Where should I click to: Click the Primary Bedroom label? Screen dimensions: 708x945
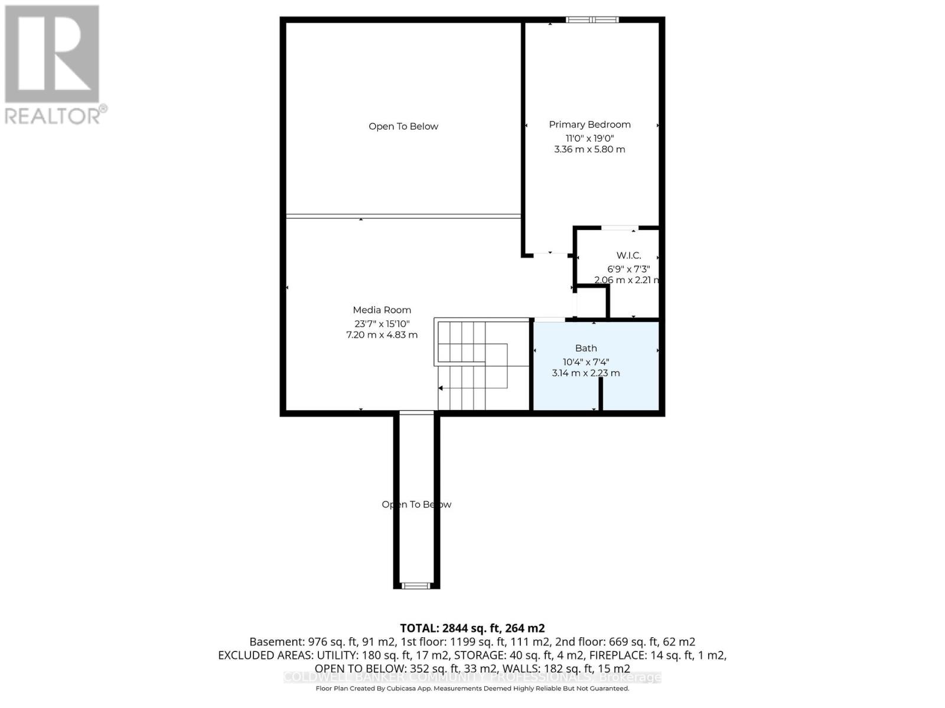pos(589,124)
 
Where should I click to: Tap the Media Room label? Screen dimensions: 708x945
pos(382,310)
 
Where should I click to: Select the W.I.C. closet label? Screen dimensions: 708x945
pos(628,255)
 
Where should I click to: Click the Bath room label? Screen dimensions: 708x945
pos(586,348)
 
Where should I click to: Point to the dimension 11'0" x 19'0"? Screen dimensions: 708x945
pos(589,138)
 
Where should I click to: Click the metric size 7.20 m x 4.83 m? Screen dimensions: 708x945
pos(382,335)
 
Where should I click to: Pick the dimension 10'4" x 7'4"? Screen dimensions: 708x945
pos(586,362)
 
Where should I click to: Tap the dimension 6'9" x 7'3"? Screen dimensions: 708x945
pos(628,268)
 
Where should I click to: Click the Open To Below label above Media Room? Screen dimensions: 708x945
pos(403,126)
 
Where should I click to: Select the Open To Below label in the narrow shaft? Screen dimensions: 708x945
pos(416,504)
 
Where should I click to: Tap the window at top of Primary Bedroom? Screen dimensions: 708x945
pos(592,20)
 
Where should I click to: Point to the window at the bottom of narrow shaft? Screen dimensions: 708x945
pos(416,585)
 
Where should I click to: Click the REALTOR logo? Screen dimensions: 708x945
pos(54,65)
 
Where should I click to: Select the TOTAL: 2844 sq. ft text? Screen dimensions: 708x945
pos(472,628)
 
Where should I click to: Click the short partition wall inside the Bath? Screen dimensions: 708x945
pos(601,394)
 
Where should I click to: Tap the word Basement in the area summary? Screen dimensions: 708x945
pos(276,642)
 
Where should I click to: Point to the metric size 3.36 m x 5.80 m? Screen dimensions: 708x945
pos(589,149)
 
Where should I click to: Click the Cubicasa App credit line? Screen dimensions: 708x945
pos(472,689)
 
